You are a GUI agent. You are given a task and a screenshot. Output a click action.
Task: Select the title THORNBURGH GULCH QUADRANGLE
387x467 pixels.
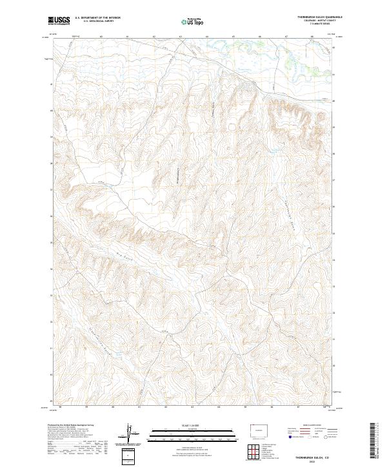[320, 16]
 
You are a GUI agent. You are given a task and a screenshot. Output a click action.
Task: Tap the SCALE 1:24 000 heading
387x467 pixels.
[190, 424]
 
